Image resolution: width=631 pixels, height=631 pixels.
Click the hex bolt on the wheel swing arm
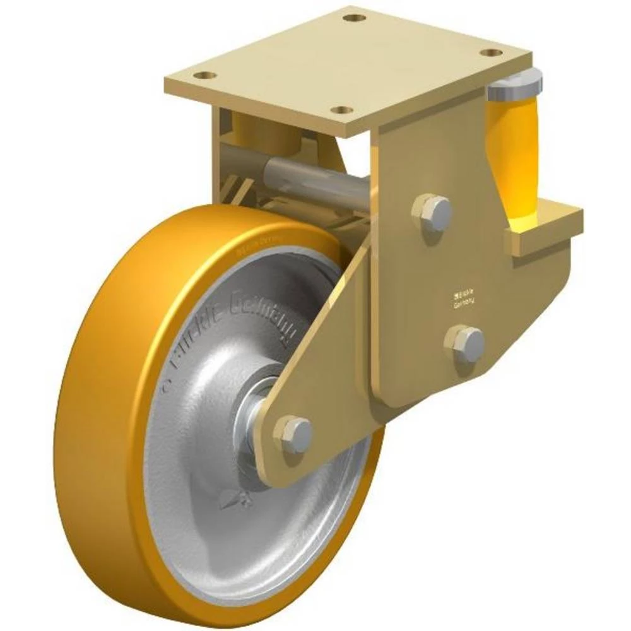295,433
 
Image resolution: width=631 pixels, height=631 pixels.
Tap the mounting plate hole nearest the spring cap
491,52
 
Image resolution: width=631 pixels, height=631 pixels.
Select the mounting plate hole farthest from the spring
204,75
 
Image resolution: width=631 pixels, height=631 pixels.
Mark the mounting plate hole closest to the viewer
341,110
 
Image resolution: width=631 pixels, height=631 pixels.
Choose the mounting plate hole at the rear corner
355,17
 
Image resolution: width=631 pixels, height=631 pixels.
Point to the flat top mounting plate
347,63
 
